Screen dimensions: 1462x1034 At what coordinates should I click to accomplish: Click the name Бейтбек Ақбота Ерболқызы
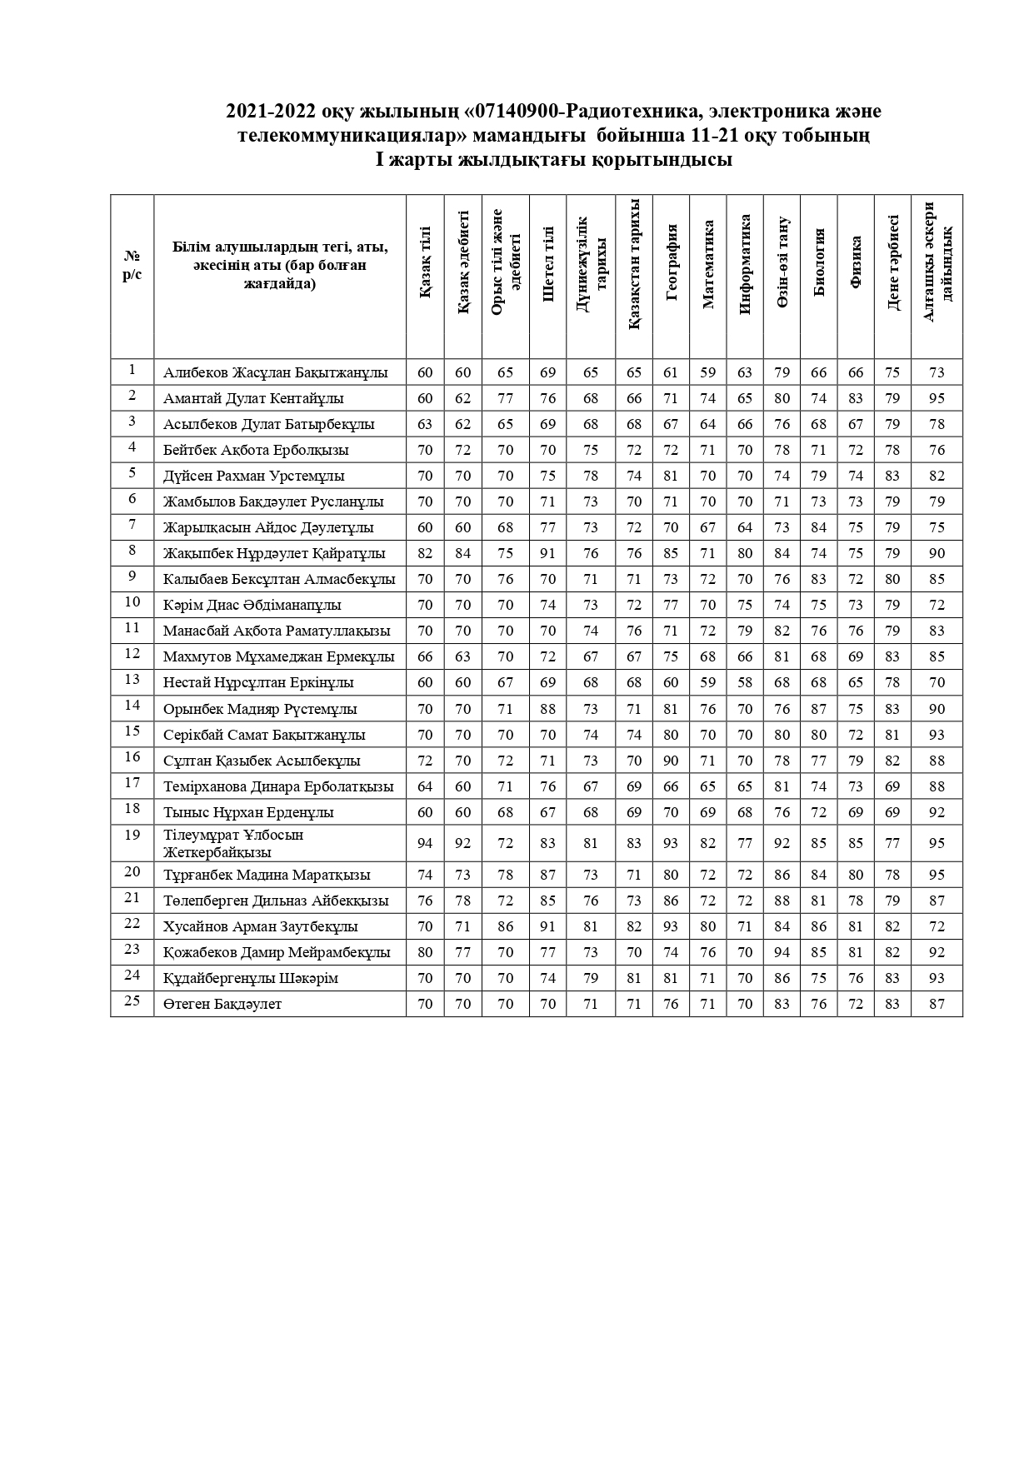tap(256, 451)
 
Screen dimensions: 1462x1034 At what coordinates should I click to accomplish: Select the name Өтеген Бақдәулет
tap(222, 1005)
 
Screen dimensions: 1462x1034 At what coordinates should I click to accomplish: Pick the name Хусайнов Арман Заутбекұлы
tap(261, 927)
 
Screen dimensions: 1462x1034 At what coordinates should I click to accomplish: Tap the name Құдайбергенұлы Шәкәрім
tap(251, 979)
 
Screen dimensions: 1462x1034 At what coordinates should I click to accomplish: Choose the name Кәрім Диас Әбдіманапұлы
tap(252, 606)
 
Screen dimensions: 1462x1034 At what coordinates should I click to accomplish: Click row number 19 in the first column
tap(132, 835)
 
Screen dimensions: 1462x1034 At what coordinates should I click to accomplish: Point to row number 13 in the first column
tap(132, 680)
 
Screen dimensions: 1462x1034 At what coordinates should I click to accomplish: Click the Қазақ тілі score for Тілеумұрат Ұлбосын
tap(425, 844)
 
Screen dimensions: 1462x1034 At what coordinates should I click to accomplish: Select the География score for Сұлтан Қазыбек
tap(672, 761)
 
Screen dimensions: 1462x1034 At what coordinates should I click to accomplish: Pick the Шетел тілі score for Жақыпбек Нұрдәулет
tap(547, 554)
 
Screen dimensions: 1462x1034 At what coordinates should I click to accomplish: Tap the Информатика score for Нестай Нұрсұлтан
tap(745, 683)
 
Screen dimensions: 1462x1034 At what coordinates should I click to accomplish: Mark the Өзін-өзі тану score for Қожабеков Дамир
tap(782, 953)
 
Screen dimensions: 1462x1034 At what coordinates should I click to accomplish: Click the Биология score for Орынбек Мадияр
tap(819, 710)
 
